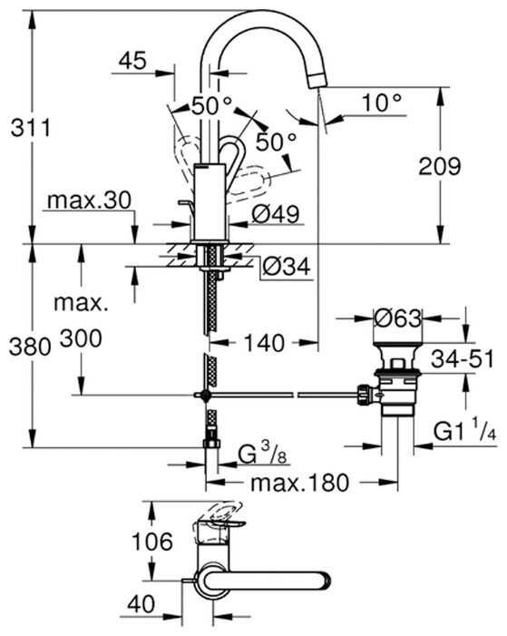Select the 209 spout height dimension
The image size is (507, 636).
coord(440,165)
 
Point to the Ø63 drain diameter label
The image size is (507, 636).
coord(398,319)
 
